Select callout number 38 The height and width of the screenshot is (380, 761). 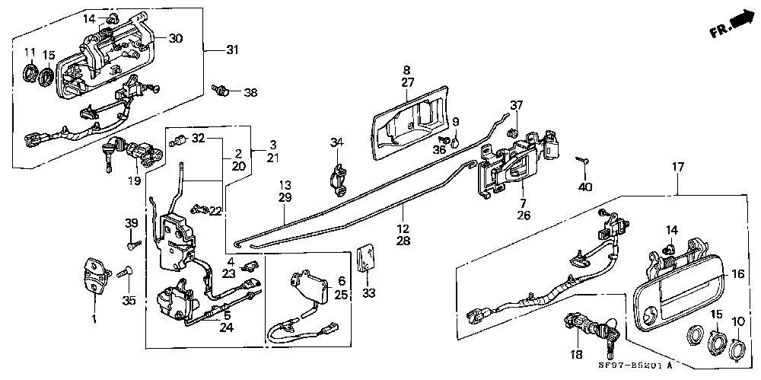point(250,92)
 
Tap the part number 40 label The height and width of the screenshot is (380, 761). point(585,186)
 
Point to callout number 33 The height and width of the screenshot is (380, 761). point(368,293)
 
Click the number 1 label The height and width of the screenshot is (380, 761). point(94,319)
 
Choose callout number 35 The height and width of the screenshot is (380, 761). point(128,301)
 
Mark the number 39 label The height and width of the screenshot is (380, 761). point(132,223)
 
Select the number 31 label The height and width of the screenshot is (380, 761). point(232,49)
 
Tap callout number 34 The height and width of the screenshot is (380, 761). point(337,142)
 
